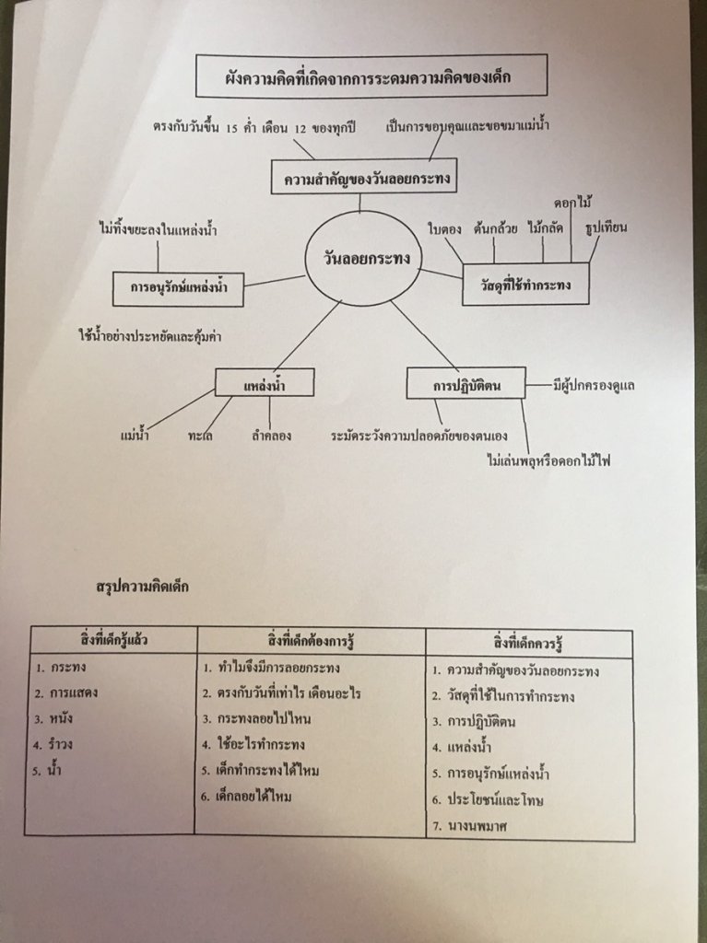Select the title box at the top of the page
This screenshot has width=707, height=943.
[371, 76]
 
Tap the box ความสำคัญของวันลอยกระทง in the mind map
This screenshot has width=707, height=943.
[365, 177]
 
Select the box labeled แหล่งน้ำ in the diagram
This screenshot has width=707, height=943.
[264, 383]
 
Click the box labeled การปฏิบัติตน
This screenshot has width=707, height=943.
[465, 383]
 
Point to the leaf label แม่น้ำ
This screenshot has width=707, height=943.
[136, 435]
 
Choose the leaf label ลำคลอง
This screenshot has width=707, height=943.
[271, 435]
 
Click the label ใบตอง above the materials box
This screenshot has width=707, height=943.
[444, 226]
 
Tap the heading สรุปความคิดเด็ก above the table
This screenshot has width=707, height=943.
[142, 585]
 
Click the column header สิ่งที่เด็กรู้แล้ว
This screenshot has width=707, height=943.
[112, 639]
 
